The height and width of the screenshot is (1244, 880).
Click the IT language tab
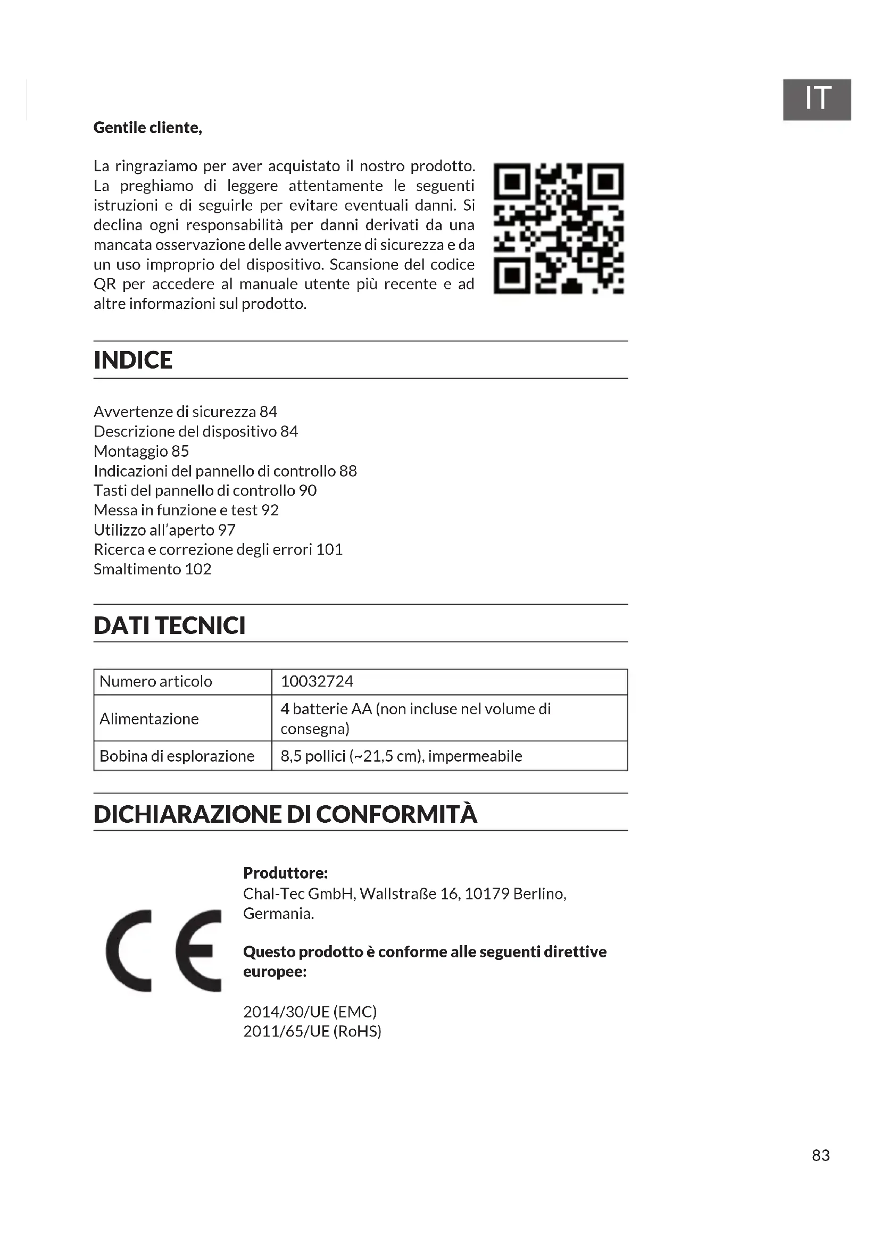click(816, 99)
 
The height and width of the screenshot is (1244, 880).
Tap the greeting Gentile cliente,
click(147, 127)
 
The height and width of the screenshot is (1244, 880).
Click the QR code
click(558, 228)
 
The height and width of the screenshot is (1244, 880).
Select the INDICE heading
click(133, 360)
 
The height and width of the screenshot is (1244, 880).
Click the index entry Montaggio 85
click(141, 451)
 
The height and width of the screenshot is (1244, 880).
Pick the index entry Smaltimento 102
click(152, 569)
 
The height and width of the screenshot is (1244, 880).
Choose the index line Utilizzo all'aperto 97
click(164, 529)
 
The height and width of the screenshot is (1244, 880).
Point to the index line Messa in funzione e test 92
click(186, 510)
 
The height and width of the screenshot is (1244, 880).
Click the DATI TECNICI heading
click(169, 625)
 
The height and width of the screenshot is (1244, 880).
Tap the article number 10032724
click(317, 681)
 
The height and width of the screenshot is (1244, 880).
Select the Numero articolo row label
click(155, 681)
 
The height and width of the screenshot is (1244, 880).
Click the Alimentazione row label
click(149, 719)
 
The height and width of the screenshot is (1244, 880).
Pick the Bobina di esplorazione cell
click(177, 756)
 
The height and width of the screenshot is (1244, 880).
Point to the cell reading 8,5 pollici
click(401, 756)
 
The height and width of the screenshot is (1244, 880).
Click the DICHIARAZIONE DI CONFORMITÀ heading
click(285, 814)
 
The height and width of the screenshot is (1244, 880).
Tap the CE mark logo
click(163, 950)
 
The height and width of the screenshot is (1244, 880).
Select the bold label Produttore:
click(285, 873)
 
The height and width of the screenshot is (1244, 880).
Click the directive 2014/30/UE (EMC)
click(310, 1012)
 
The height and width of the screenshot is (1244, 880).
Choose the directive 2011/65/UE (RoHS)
click(312, 1031)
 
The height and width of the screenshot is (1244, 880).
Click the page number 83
click(820, 1156)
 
